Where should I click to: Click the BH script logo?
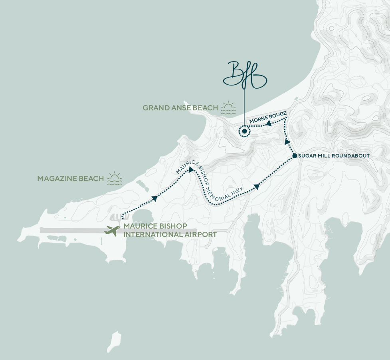click(x=244, y=76)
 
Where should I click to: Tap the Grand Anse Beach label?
click(x=180, y=108)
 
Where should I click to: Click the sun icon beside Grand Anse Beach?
click(x=228, y=108)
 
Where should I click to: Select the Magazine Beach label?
click(x=70, y=179)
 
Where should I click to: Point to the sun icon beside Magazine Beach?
click(x=115, y=179)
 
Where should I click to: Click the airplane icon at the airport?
click(x=112, y=231)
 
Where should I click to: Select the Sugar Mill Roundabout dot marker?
click(x=294, y=156)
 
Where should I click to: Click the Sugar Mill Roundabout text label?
click(x=334, y=156)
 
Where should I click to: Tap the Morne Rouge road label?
click(x=267, y=117)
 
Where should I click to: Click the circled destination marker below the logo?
click(x=244, y=131)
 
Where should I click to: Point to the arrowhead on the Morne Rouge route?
click(x=269, y=124)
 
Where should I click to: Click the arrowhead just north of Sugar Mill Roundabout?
click(x=287, y=141)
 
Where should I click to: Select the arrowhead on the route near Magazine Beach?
click(x=154, y=198)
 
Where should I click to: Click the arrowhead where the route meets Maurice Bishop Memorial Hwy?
click(x=191, y=170)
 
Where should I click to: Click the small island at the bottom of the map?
click(x=115, y=341)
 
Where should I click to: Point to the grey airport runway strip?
click(x=72, y=231)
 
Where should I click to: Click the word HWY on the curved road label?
click(x=240, y=192)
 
